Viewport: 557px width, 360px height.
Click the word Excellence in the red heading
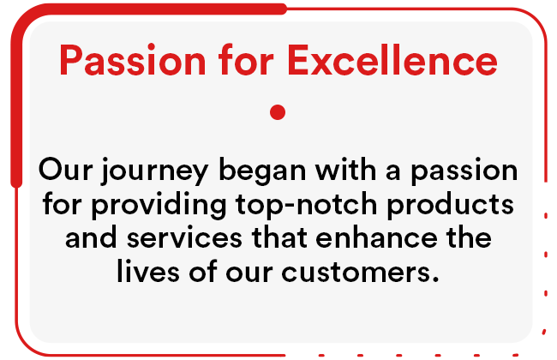pos(392,60)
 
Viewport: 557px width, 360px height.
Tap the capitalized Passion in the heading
pos(133,60)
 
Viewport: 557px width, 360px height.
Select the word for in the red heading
pos(246,59)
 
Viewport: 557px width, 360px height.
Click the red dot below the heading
pos(278,112)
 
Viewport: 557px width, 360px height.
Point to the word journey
pos(154,171)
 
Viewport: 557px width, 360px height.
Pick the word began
pos(262,171)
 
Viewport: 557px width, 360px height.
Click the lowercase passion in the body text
pos(464,171)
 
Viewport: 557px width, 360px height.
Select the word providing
pos(159,205)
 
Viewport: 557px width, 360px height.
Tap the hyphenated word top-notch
pos(306,205)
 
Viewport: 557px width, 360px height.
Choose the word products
pos(450,205)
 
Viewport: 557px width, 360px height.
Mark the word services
pos(185,238)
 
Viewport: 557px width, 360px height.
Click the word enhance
pos(376,237)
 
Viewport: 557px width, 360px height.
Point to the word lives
pos(148,271)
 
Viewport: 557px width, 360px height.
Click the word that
pos(279,237)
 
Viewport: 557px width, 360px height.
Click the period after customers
pos(435,279)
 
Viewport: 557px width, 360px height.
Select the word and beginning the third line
pos(92,237)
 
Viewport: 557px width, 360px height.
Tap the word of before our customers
pos(203,271)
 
